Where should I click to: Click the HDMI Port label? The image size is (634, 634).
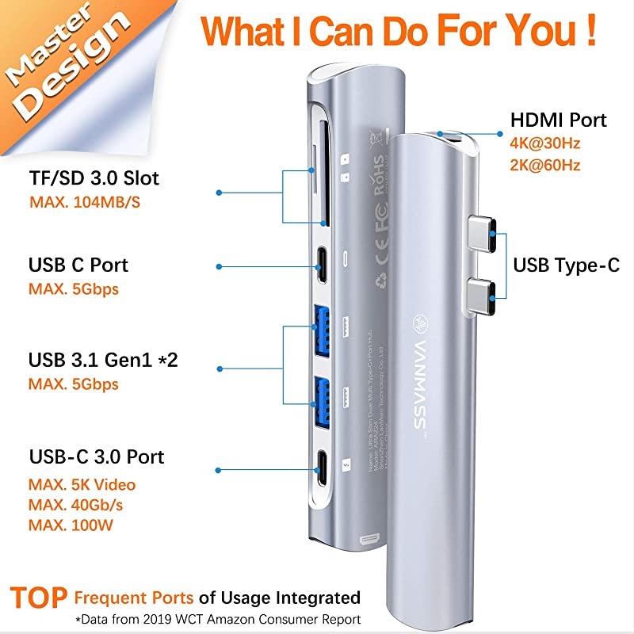pyautogui.click(x=559, y=120)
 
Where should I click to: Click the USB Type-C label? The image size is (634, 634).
pyautogui.click(x=567, y=265)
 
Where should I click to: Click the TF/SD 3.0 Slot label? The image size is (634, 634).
pyautogui.click(x=94, y=178)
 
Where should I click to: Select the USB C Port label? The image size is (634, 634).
pyautogui.click(x=78, y=265)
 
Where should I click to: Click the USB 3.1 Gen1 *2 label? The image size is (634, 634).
pyautogui.click(x=103, y=360)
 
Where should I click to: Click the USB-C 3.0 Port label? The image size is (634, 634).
pyautogui.click(x=97, y=457)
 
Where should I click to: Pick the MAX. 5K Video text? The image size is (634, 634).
pyautogui.click(x=82, y=483)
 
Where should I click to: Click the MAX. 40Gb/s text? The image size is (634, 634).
pyautogui.click(x=78, y=504)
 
